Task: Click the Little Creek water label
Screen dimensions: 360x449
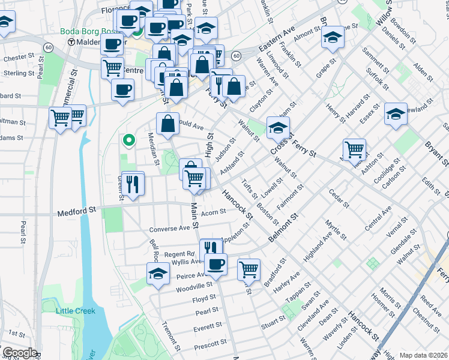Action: coord(76,310)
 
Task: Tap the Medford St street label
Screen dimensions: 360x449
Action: coord(76,211)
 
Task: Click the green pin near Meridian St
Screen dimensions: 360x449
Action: coord(127,141)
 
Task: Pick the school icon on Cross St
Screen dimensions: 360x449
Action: coord(278,127)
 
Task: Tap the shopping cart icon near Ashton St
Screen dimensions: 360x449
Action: coord(354,148)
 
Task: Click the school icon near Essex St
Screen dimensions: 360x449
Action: coord(395,113)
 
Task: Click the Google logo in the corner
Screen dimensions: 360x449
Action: coord(20,353)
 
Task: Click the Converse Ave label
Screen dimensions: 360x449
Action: coord(169,229)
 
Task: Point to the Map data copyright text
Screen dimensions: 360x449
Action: coord(423,355)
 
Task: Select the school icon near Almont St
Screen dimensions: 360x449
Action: coord(332,37)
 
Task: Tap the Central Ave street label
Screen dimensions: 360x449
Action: coord(378,219)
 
